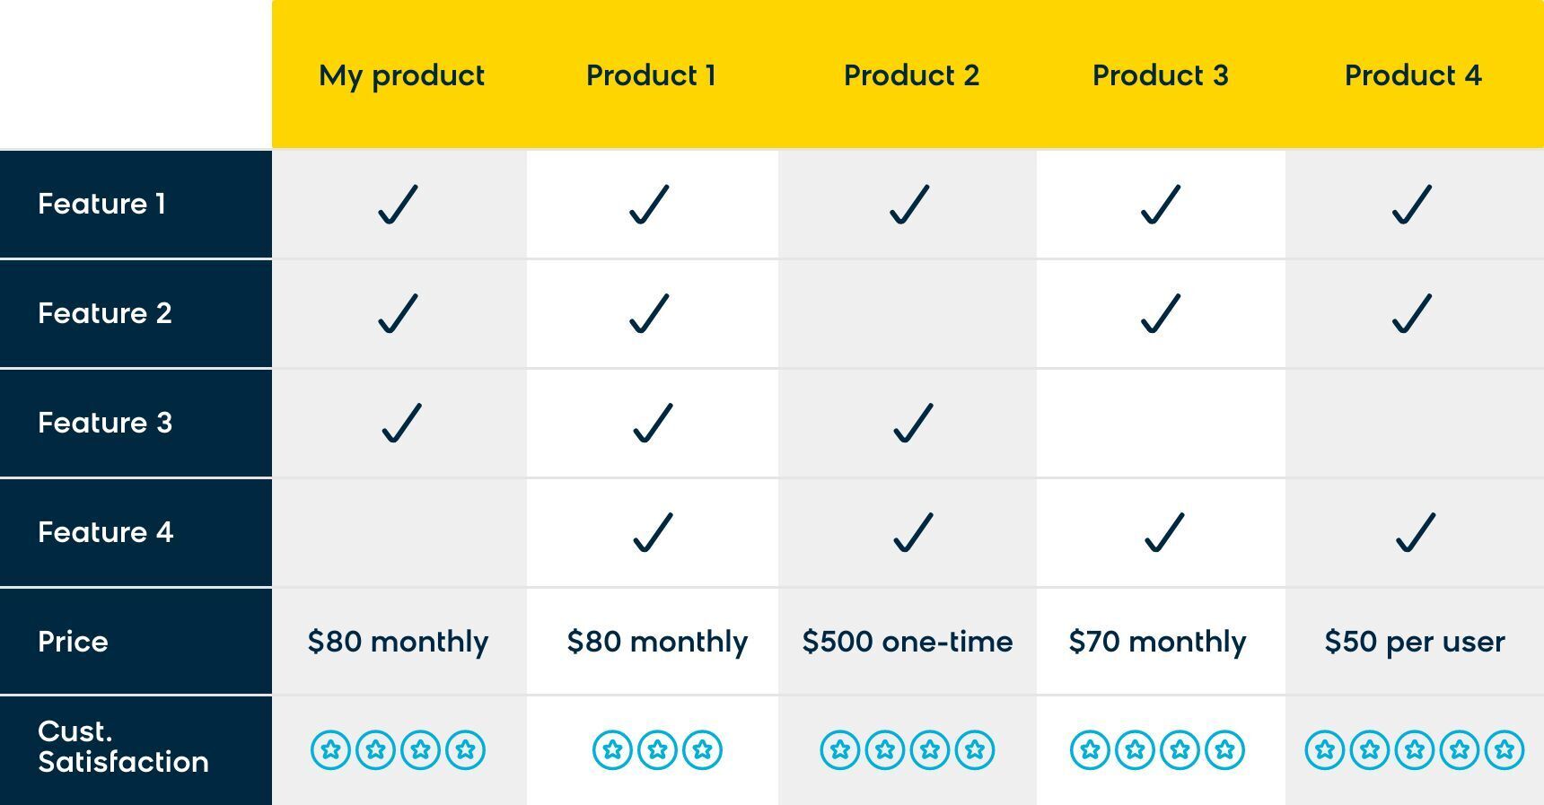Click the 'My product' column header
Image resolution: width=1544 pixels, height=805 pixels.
point(401,76)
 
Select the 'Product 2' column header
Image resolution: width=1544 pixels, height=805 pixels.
point(911,75)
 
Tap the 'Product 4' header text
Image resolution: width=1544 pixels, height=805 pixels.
point(1413,75)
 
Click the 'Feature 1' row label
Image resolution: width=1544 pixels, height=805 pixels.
point(101,204)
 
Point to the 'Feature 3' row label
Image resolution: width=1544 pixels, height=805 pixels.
point(105,423)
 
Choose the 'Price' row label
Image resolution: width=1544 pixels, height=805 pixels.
point(73,642)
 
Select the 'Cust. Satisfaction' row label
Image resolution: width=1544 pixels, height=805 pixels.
point(123,747)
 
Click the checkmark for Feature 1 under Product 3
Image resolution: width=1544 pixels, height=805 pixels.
point(1160,204)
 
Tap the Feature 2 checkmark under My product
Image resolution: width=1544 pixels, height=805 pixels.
point(398,313)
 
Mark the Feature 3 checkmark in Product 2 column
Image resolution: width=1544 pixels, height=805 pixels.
point(913,423)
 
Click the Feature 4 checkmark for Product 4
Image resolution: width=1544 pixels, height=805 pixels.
point(1416,532)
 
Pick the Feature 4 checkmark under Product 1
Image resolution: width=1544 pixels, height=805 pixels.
point(653,532)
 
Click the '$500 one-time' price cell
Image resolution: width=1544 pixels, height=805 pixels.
point(908,642)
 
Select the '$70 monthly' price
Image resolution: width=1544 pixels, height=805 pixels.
point(1157,643)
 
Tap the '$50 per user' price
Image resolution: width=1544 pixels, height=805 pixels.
point(1415,643)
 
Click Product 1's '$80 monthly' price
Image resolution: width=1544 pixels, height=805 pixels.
point(657,643)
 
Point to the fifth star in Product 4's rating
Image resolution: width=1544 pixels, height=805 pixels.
point(1505,749)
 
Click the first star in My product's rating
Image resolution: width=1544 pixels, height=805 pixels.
point(330,749)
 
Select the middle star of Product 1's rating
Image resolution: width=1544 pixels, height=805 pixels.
point(657,749)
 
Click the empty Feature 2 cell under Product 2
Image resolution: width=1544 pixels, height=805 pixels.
point(908,314)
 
